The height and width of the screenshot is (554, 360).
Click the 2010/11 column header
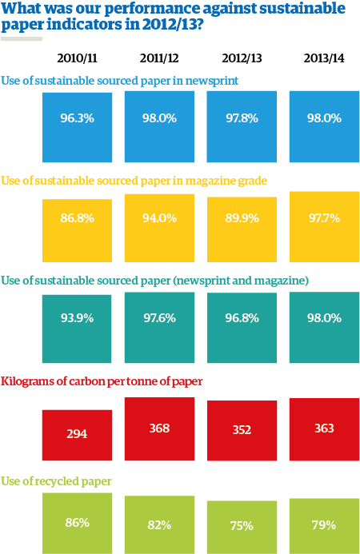tap(78, 58)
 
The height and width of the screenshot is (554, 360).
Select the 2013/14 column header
tap(323, 58)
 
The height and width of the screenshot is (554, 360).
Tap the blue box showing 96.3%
tap(78, 118)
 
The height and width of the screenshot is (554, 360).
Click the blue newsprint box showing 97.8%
tap(242, 118)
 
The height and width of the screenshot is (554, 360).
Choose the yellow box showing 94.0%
tap(160, 217)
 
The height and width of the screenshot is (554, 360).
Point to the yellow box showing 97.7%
tap(323, 217)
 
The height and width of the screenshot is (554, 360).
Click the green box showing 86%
tap(78, 524)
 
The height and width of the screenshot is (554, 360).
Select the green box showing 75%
tap(242, 526)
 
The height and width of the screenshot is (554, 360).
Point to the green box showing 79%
tap(323, 525)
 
